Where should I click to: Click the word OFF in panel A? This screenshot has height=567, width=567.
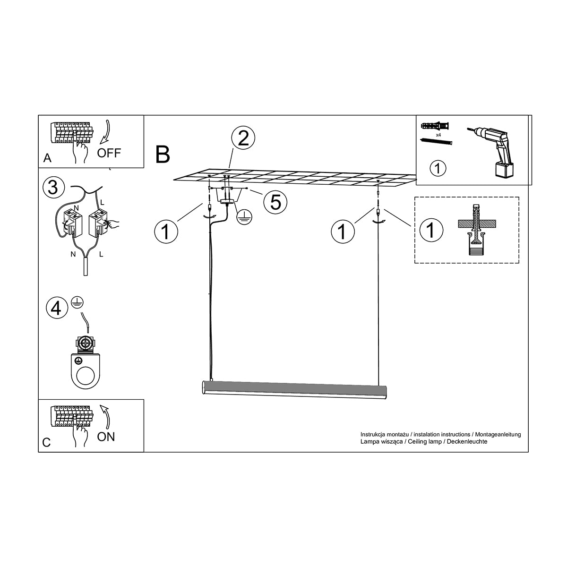109,153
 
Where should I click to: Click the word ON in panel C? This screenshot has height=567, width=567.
106,437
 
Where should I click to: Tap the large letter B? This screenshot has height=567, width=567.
163,155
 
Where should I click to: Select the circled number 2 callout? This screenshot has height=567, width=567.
243,138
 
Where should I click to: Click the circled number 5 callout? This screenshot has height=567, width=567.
275,202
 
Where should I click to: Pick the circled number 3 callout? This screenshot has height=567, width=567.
53,188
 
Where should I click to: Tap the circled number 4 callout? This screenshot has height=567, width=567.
57,309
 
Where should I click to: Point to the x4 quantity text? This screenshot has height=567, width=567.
438,135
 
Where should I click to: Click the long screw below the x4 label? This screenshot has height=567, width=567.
436,142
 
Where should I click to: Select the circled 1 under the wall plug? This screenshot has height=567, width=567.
438,169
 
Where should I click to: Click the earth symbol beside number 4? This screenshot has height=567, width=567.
77,302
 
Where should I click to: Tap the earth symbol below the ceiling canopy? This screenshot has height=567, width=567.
245,218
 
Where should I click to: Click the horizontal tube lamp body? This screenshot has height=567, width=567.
294,389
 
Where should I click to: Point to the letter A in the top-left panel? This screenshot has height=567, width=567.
47,158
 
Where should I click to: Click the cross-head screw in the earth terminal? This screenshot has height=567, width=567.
86,343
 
